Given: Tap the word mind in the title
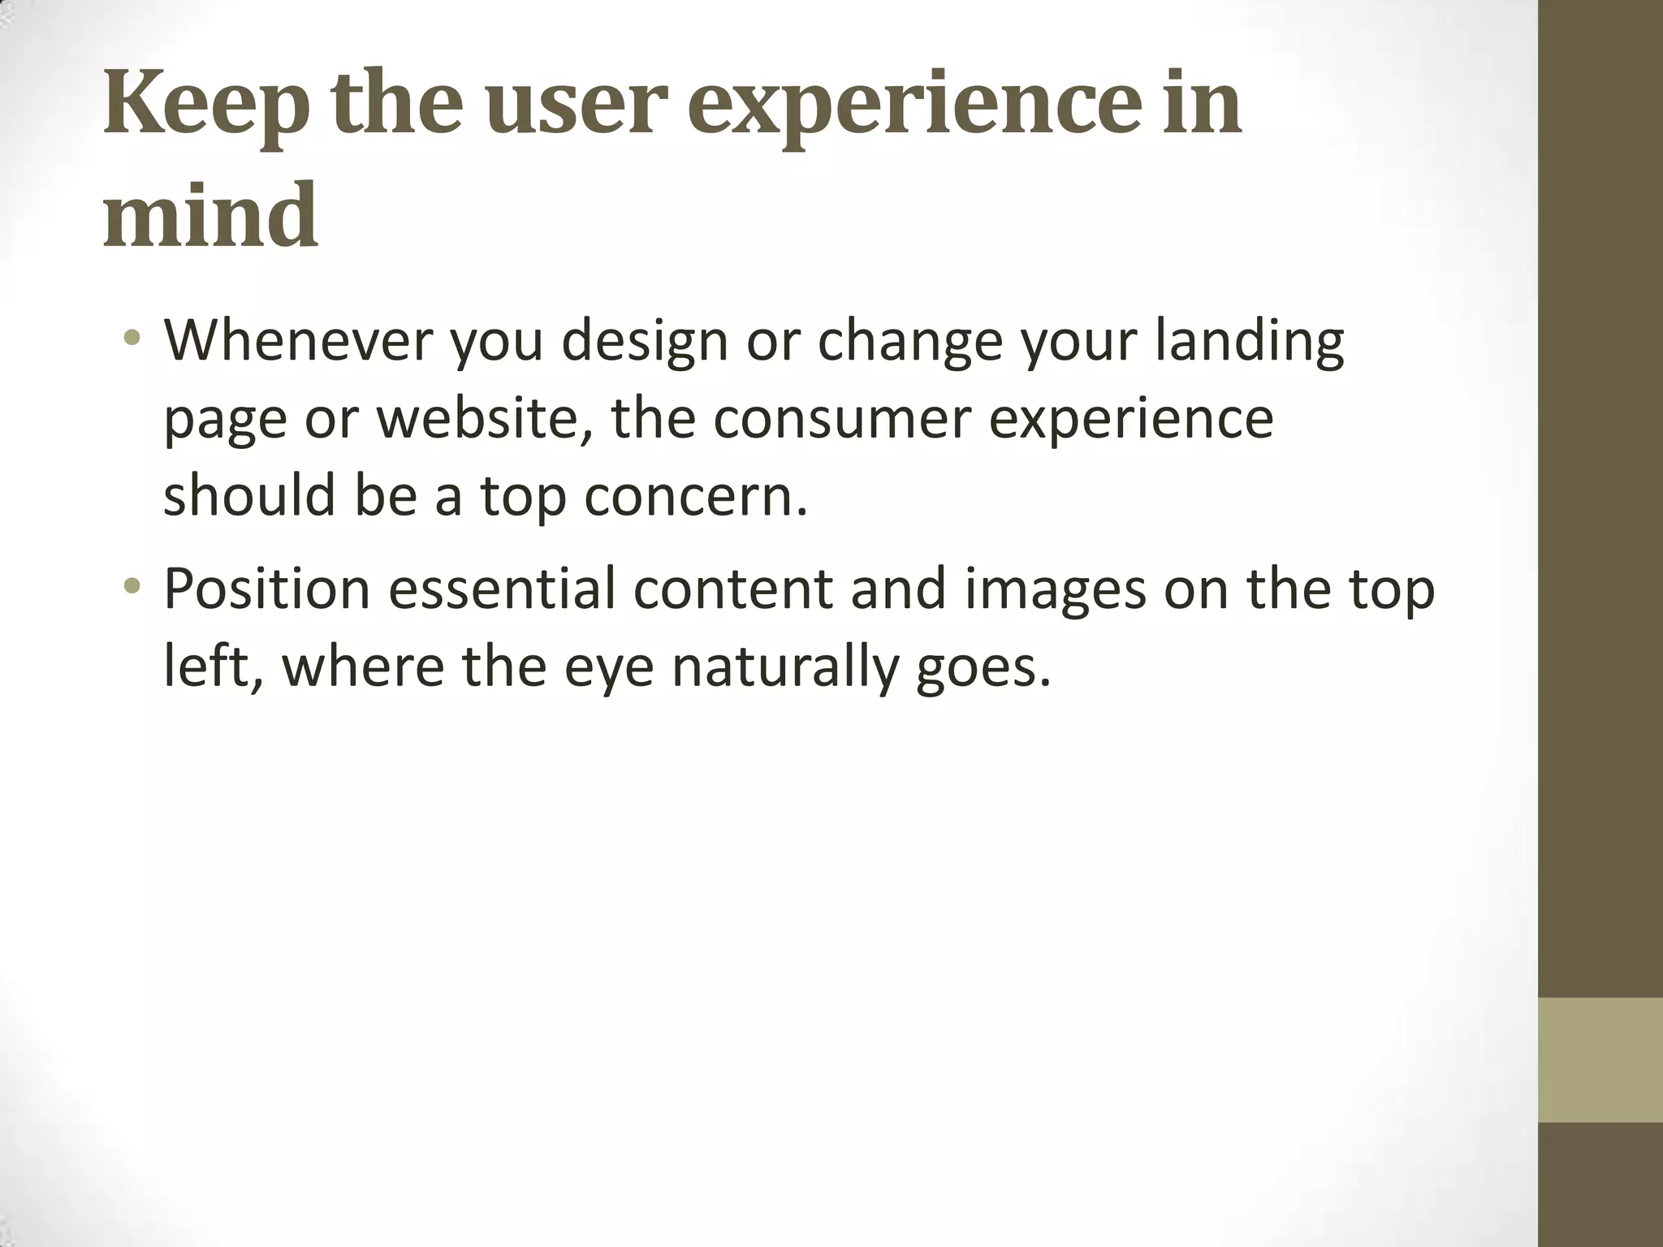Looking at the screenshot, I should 210,216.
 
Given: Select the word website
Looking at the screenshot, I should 484,419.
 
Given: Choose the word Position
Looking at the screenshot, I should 266,589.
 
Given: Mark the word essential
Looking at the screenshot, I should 503,588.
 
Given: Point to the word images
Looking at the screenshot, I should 1055,589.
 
